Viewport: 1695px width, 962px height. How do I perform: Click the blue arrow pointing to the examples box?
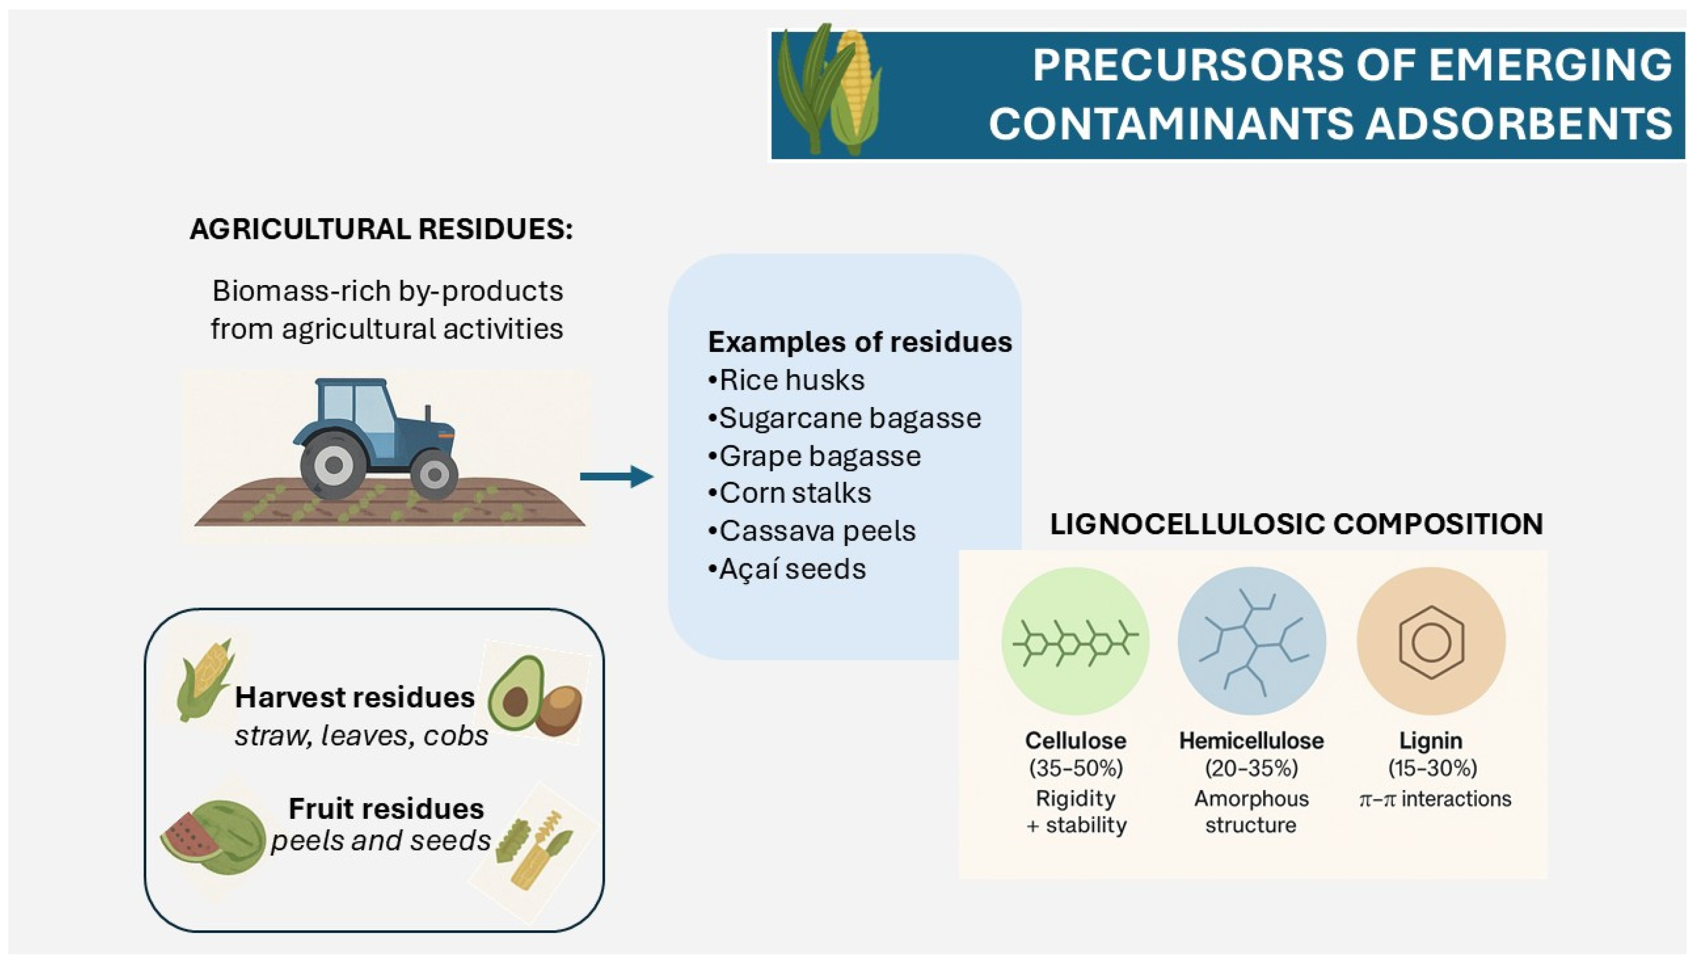click(x=616, y=477)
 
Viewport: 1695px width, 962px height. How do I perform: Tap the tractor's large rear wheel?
click(x=333, y=464)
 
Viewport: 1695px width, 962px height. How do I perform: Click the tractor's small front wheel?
click(x=434, y=474)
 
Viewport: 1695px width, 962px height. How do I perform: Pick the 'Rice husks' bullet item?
click(x=786, y=380)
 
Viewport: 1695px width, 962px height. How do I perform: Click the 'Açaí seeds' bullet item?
click(x=786, y=569)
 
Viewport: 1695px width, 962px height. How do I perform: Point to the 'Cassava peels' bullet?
click(x=811, y=531)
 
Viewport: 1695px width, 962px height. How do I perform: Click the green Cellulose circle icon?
click(x=1076, y=641)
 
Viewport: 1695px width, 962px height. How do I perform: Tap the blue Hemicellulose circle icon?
click(x=1252, y=641)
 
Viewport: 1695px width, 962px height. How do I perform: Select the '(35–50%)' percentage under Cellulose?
click(x=1076, y=768)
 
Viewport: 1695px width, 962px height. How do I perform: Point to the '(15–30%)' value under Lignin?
click(x=1432, y=768)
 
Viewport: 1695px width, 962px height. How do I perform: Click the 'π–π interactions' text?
click(x=1435, y=799)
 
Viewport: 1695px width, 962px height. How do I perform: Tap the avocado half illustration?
click(x=516, y=693)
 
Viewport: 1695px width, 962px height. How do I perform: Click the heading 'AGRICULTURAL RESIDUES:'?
click(x=381, y=229)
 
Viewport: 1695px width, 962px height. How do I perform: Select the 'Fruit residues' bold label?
click(x=386, y=808)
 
